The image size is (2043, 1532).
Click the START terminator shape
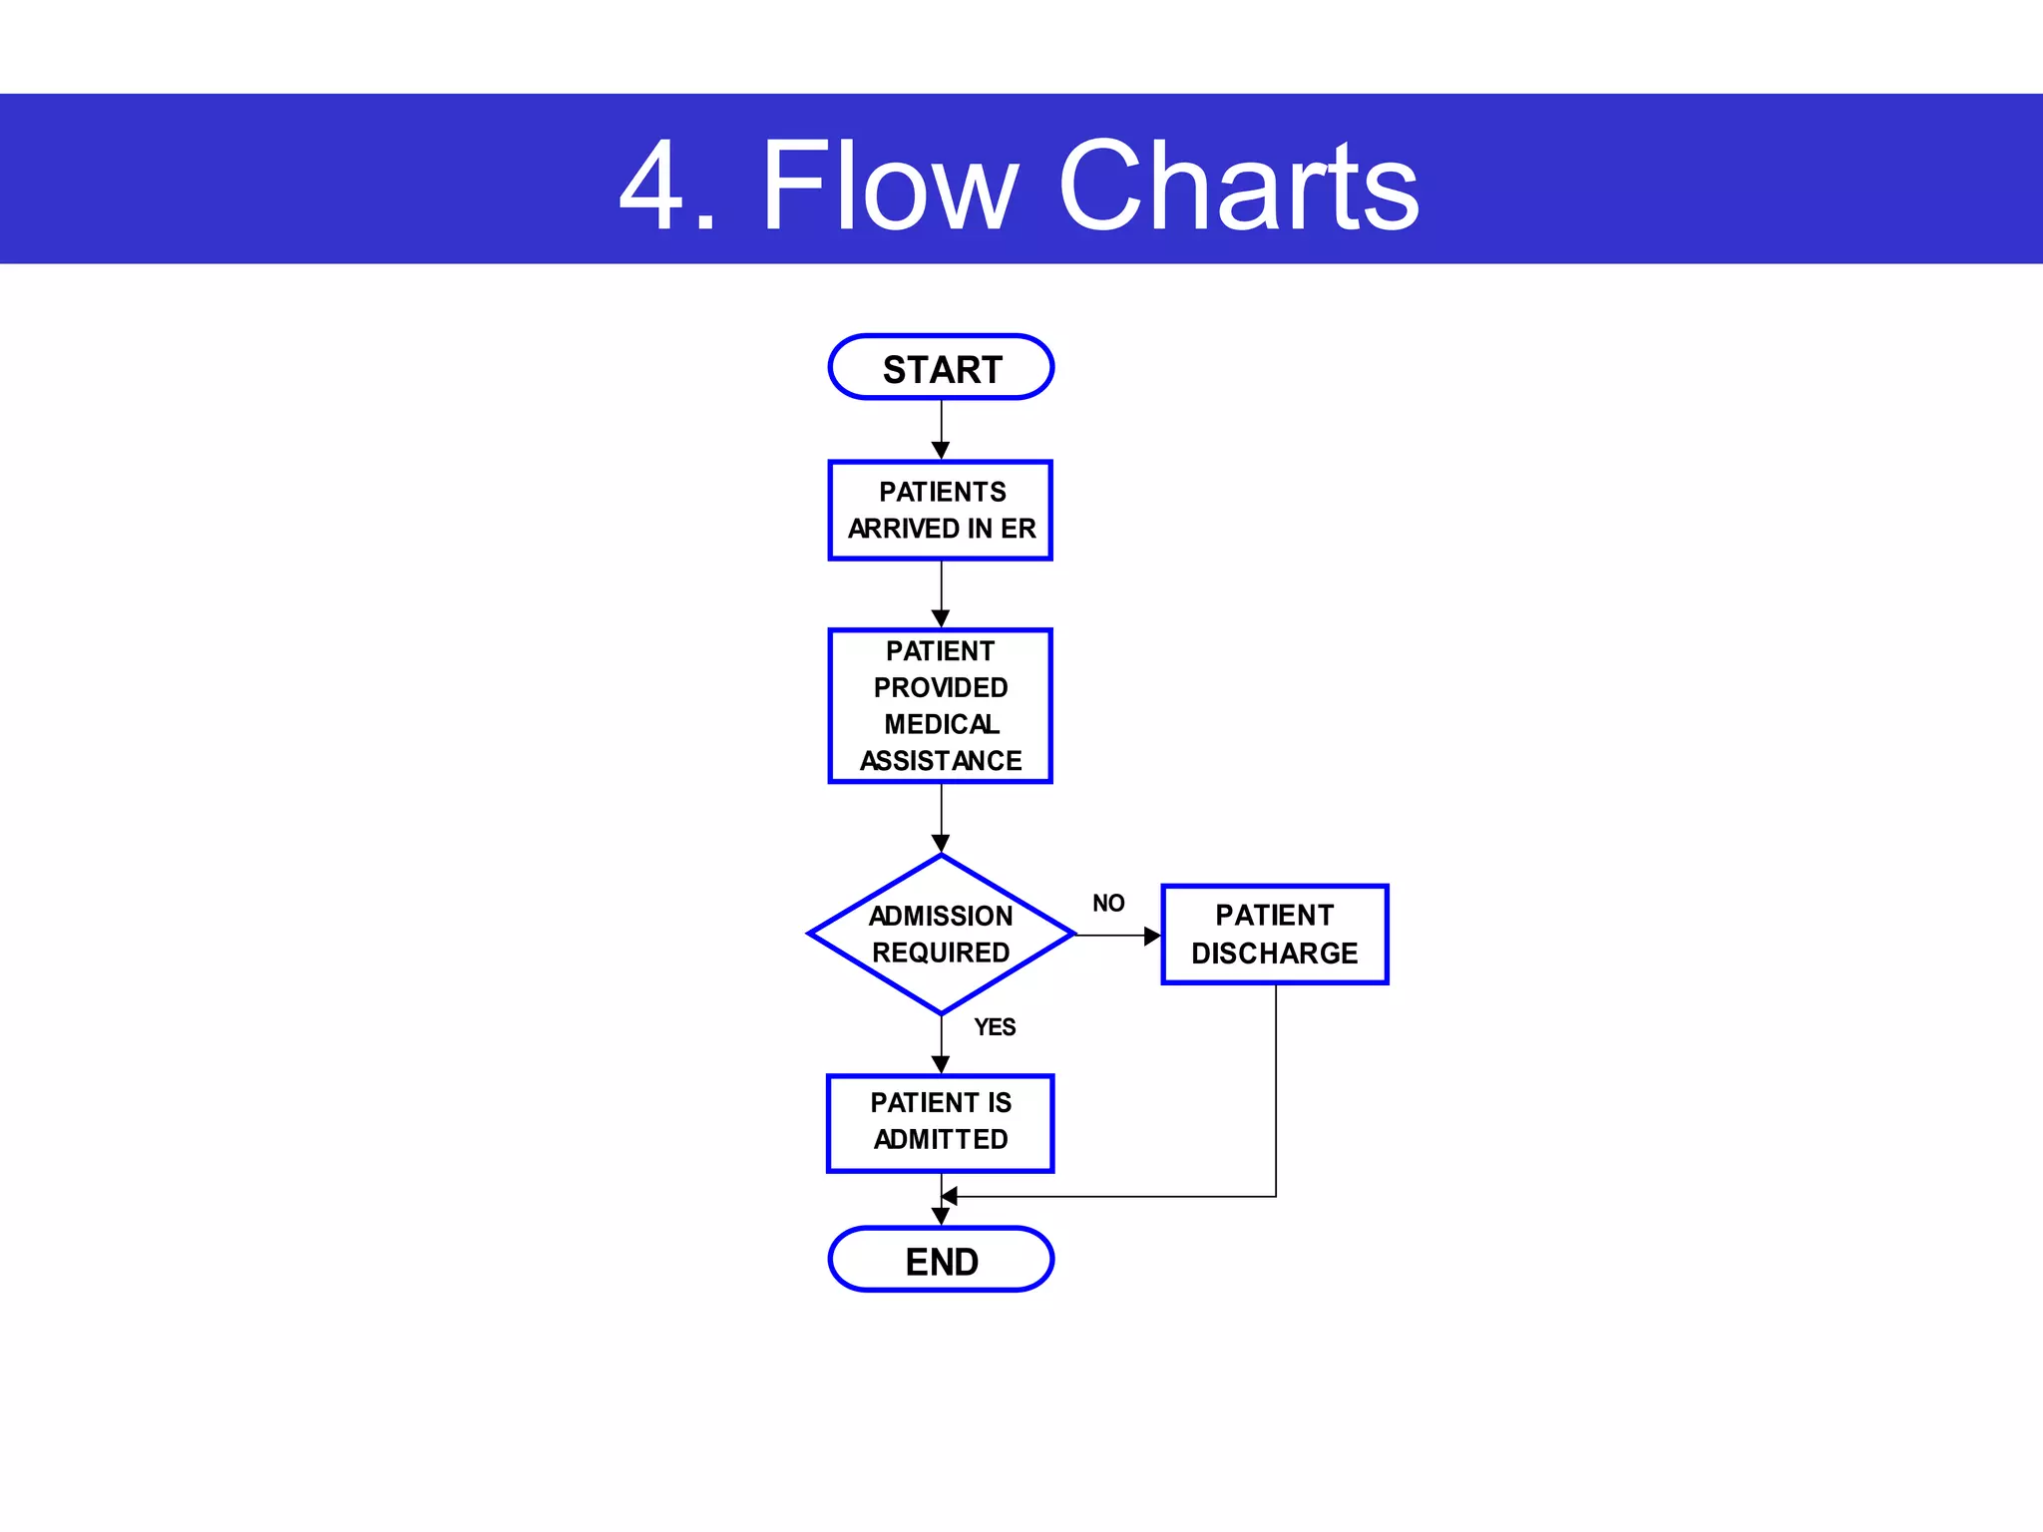tap(941, 368)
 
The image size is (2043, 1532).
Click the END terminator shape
tap(941, 1260)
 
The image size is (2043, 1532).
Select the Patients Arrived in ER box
tap(941, 510)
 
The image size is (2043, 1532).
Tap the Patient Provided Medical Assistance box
tap(941, 705)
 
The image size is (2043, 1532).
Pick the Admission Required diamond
tap(941, 935)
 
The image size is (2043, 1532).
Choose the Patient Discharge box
tap(1274, 935)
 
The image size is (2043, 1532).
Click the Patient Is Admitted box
tap(941, 1122)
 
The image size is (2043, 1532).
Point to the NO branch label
tap(1108, 904)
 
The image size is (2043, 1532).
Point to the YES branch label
tap(995, 1027)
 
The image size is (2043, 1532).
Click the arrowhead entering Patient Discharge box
tap(1152, 936)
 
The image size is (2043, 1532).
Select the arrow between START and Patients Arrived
tap(941, 429)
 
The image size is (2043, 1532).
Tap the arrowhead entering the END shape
tap(941, 1216)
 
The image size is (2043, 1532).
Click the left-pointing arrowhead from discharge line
tap(950, 1196)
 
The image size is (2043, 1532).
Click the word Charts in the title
tap(1238, 187)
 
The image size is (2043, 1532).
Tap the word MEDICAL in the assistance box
tap(941, 724)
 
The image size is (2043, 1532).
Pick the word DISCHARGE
tap(1274, 954)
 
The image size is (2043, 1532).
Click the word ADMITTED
tap(941, 1139)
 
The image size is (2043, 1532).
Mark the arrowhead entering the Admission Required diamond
tap(941, 844)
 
